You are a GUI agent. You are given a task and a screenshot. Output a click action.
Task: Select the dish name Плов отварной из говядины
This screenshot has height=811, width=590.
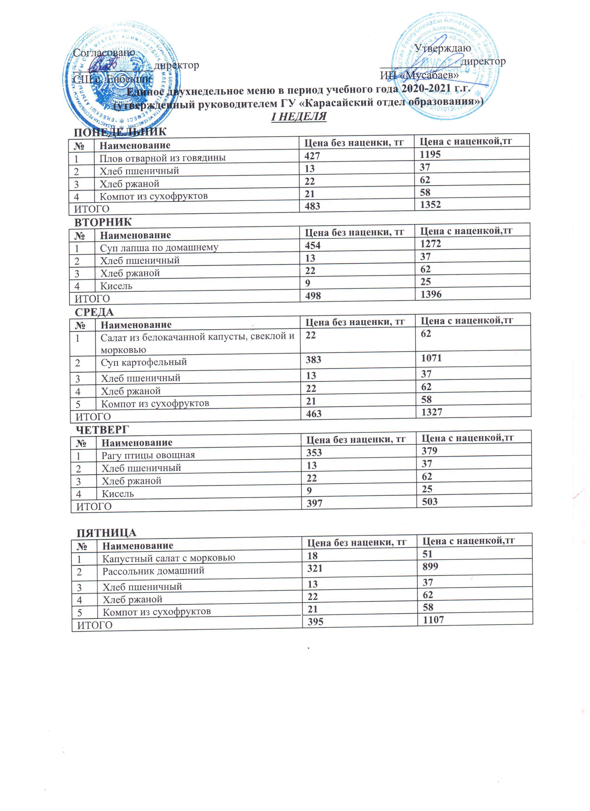coord(163,158)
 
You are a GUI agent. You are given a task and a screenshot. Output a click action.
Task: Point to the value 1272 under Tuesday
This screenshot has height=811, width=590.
coord(430,244)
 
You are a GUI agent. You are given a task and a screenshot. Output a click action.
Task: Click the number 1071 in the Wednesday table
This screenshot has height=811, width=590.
coord(431,358)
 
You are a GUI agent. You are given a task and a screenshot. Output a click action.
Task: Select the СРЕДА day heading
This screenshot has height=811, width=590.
coord(95,312)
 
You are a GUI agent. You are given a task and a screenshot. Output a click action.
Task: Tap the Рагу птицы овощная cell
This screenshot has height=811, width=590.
coord(148,455)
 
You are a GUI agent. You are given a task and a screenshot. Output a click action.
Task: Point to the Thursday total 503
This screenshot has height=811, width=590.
coord(430,501)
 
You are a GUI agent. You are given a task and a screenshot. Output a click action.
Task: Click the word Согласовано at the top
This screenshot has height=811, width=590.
coord(104,53)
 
